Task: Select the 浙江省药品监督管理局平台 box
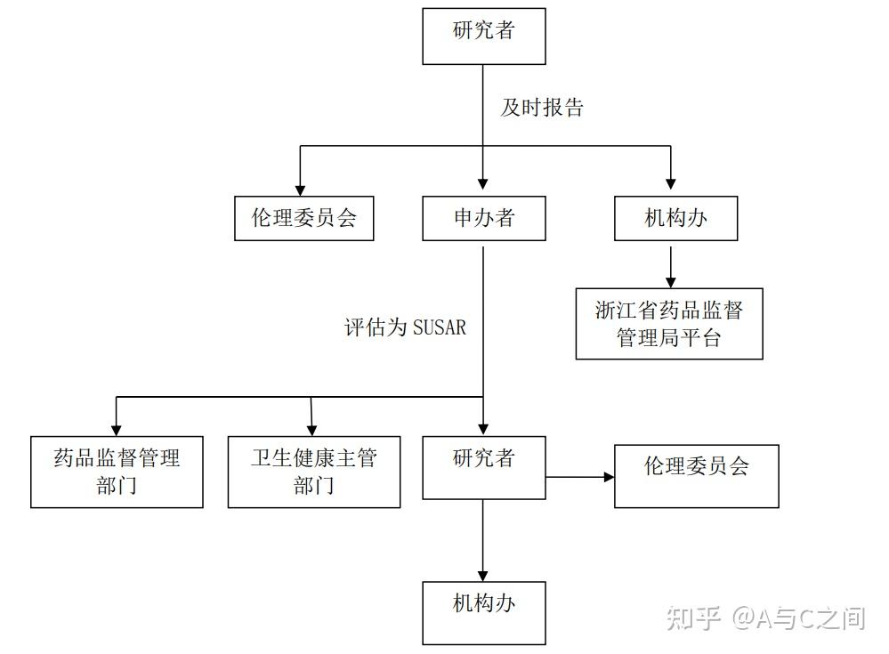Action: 668,323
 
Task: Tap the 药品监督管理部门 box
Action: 117,472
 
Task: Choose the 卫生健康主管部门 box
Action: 313,472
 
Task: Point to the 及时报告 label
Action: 542,108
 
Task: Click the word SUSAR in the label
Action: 439,327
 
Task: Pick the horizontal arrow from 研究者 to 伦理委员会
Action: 579,477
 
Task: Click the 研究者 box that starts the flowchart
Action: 483,36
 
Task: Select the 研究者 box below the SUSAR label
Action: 483,466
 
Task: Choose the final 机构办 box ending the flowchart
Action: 483,612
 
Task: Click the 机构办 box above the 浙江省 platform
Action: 675,218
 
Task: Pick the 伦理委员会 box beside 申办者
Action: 303,218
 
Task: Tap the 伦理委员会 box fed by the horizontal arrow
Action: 696,476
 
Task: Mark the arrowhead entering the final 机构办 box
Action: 483,575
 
